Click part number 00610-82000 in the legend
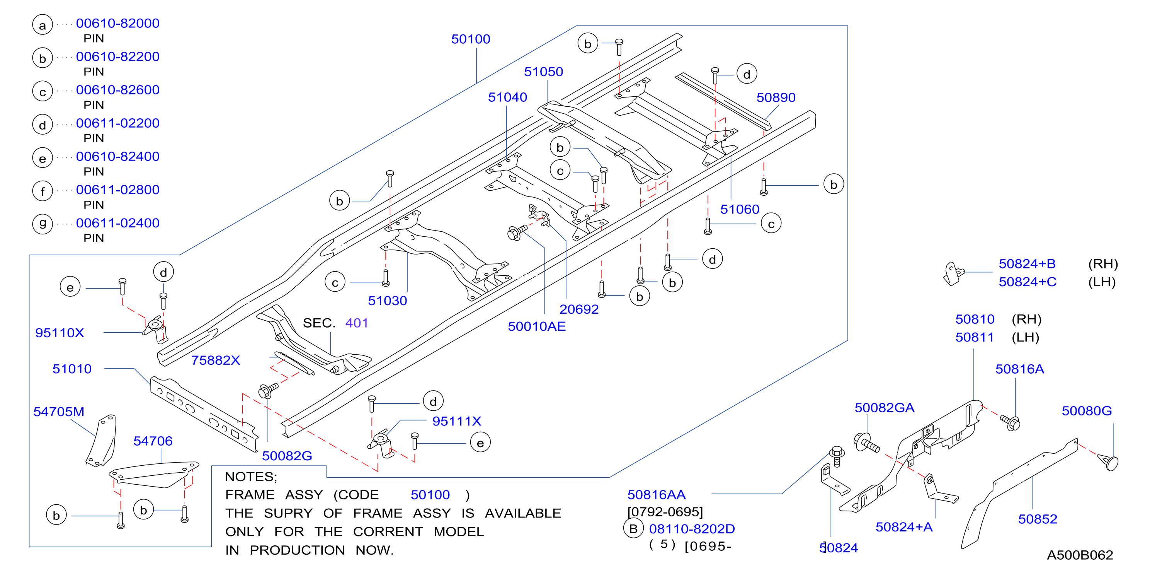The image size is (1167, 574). pos(118,23)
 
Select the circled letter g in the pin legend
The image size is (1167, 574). pos(43,224)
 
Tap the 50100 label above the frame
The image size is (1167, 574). pos(471,39)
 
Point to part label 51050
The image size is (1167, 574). pos(544,72)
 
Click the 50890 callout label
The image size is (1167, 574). pos(776,97)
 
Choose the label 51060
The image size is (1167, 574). pos(740,210)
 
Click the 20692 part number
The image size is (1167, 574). pos(579,309)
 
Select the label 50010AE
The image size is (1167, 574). pos(537,326)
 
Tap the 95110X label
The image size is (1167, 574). pos(60,333)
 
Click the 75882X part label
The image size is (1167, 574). pos(216,360)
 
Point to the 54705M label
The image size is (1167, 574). pos(59,412)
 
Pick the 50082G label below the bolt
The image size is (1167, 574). pos(287,456)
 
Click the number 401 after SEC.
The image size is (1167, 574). pos(357,323)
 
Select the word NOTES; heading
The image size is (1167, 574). pos(251,477)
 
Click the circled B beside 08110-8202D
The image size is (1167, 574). pos(633,529)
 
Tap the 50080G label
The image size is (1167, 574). pos(1087,411)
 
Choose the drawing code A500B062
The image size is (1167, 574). pos(1080,555)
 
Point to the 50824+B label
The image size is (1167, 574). pos(1027,264)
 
